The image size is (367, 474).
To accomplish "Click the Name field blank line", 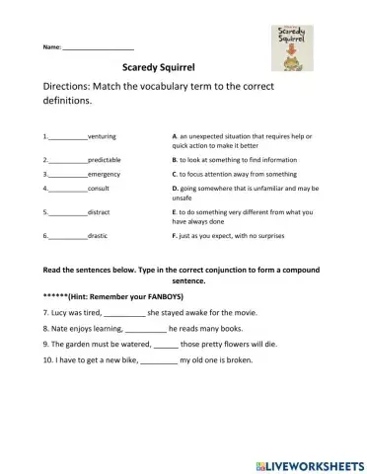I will pyautogui.click(x=98, y=47).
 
